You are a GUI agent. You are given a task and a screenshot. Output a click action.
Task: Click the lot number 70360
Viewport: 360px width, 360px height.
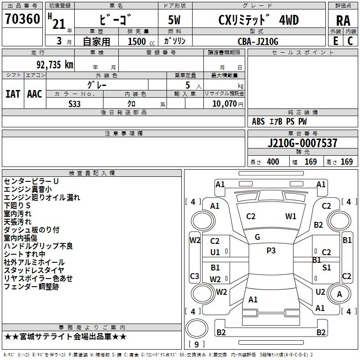pyautogui.click(x=22, y=18)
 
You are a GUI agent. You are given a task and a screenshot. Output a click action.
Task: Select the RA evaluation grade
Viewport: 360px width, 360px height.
pyautogui.click(x=343, y=21)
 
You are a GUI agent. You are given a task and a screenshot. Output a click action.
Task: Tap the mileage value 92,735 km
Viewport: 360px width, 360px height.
pyautogui.click(x=54, y=65)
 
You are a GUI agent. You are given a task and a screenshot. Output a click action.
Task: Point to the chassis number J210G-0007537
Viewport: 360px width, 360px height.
pyautogui.click(x=302, y=143)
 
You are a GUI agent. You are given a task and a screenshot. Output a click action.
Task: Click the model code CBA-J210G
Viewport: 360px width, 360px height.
pyautogui.click(x=258, y=41)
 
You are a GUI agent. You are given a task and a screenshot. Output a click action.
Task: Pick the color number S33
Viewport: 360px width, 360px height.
pyautogui.click(x=74, y=104)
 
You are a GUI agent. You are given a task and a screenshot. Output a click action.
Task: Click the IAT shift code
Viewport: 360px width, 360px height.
pyautogui.click(x=13, y=94)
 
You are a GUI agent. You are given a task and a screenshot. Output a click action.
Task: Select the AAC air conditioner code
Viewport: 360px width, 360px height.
pyautogui.click(x=35, y=94)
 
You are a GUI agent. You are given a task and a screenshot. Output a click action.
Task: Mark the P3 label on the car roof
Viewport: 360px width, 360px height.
pyautogui.click(x=271, y=251)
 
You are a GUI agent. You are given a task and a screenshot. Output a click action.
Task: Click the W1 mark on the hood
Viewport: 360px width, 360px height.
pyautogui.click(x=291, y=216)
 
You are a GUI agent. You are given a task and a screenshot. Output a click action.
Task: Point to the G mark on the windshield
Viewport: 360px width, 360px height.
pyautogui.click(x=257, y=237)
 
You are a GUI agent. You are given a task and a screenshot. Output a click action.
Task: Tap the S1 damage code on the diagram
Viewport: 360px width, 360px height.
pyautogui.click(x=326, y=267)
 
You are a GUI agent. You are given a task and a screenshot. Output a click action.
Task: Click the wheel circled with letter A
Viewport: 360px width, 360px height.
pyautogui.click(x=339, y=294)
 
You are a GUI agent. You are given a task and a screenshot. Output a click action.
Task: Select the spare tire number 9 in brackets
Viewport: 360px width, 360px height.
pyautogui.click(x=197, y=344)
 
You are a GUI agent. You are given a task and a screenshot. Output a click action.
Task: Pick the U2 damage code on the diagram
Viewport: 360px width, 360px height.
pyautogui.click(x=320, y=292)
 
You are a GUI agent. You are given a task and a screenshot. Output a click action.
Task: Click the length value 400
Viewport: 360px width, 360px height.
pyautogui.click(x=273, y=162)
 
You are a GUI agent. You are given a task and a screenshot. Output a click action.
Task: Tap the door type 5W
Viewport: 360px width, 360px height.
pyautogui.click(x=174, y=20)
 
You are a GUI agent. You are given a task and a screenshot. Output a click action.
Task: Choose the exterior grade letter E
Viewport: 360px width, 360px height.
pyautogui.click(x=336, y=41)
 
